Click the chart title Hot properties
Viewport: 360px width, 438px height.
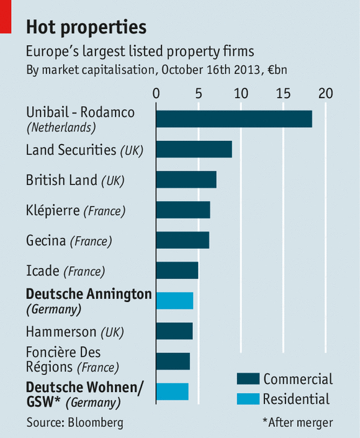[86, 27]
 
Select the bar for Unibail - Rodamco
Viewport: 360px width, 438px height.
[233, 119]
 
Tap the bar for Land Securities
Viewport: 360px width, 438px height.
[194, 150]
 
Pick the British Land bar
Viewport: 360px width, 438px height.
[186, 179]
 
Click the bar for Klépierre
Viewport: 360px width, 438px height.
[182, 210]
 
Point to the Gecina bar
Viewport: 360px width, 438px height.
[182, 239]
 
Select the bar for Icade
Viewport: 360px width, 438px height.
[177, 270]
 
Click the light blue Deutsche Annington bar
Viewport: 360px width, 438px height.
[174, 300]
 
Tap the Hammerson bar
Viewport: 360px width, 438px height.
[174, 331]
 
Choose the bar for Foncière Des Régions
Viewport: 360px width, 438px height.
[173, 361]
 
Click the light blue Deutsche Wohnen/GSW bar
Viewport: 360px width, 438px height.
[172, 391]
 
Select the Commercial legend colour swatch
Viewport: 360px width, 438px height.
[247, 379]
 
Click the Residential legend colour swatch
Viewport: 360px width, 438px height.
[247, 399]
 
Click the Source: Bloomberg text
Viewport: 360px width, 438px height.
[74, 423]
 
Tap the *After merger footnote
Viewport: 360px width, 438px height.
[297, 423]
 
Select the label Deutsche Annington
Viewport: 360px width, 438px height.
[89, 294]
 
